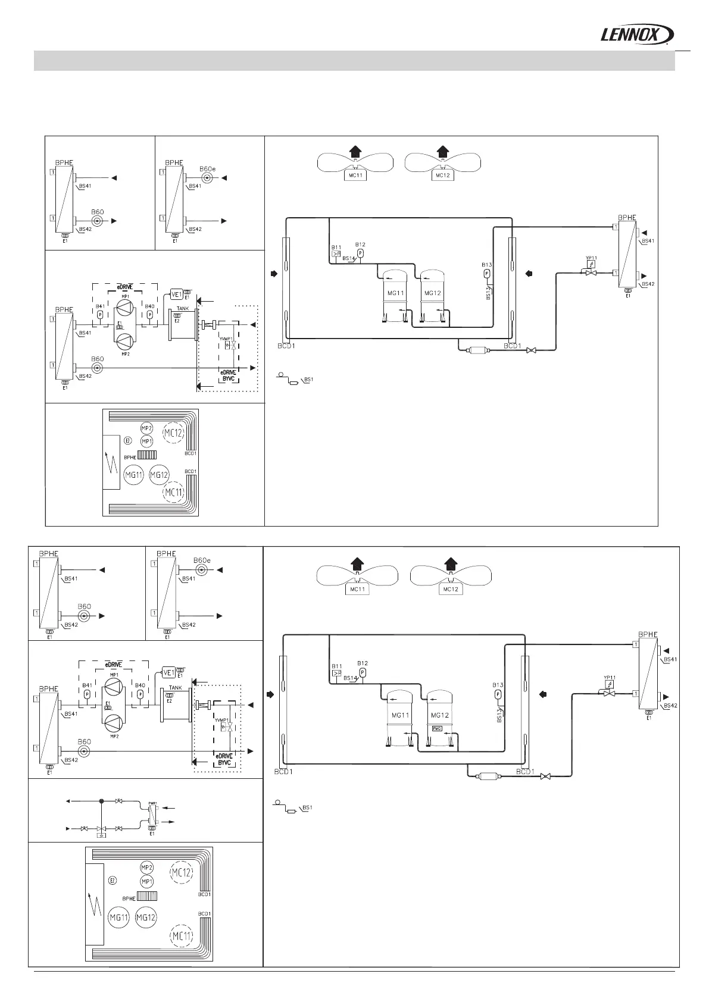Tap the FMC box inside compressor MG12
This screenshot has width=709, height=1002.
[437, 729]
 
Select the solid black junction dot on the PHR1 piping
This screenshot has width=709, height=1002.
[101, 801]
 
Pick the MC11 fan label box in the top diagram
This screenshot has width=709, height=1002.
[355, 175]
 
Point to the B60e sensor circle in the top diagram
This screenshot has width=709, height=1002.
[208, 178]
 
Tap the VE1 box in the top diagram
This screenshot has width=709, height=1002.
[176, 294]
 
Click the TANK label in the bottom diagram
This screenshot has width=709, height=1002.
[175, 688]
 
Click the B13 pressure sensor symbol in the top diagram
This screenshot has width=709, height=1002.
[486, 274]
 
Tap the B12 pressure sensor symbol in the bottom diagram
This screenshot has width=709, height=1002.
[362, 672]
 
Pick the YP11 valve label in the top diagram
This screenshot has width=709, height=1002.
[591, 258]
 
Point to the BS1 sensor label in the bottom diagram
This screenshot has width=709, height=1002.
[308, 807]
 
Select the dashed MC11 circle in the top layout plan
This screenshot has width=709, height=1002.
[174, 492]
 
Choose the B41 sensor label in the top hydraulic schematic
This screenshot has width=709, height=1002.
[99, 306]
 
